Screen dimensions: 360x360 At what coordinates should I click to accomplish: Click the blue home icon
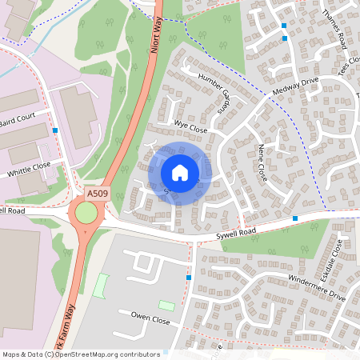[x=180, y=172]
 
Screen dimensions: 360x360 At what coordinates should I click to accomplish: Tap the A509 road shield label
[x=97, y=193]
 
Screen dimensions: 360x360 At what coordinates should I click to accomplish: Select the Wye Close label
[x=190, y=127]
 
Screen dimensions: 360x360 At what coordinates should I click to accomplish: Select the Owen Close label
[x=150, y=319]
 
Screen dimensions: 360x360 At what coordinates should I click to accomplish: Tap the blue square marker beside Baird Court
[x=55, y=130]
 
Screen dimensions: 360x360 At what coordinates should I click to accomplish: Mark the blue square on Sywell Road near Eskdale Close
[x=295, y=218]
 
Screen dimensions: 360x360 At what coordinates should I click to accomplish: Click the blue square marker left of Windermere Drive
[x=190, y=278]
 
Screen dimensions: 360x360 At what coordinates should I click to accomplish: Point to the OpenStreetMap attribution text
[x=81, y=354]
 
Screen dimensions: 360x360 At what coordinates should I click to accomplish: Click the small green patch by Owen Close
[x=166, y=305]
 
